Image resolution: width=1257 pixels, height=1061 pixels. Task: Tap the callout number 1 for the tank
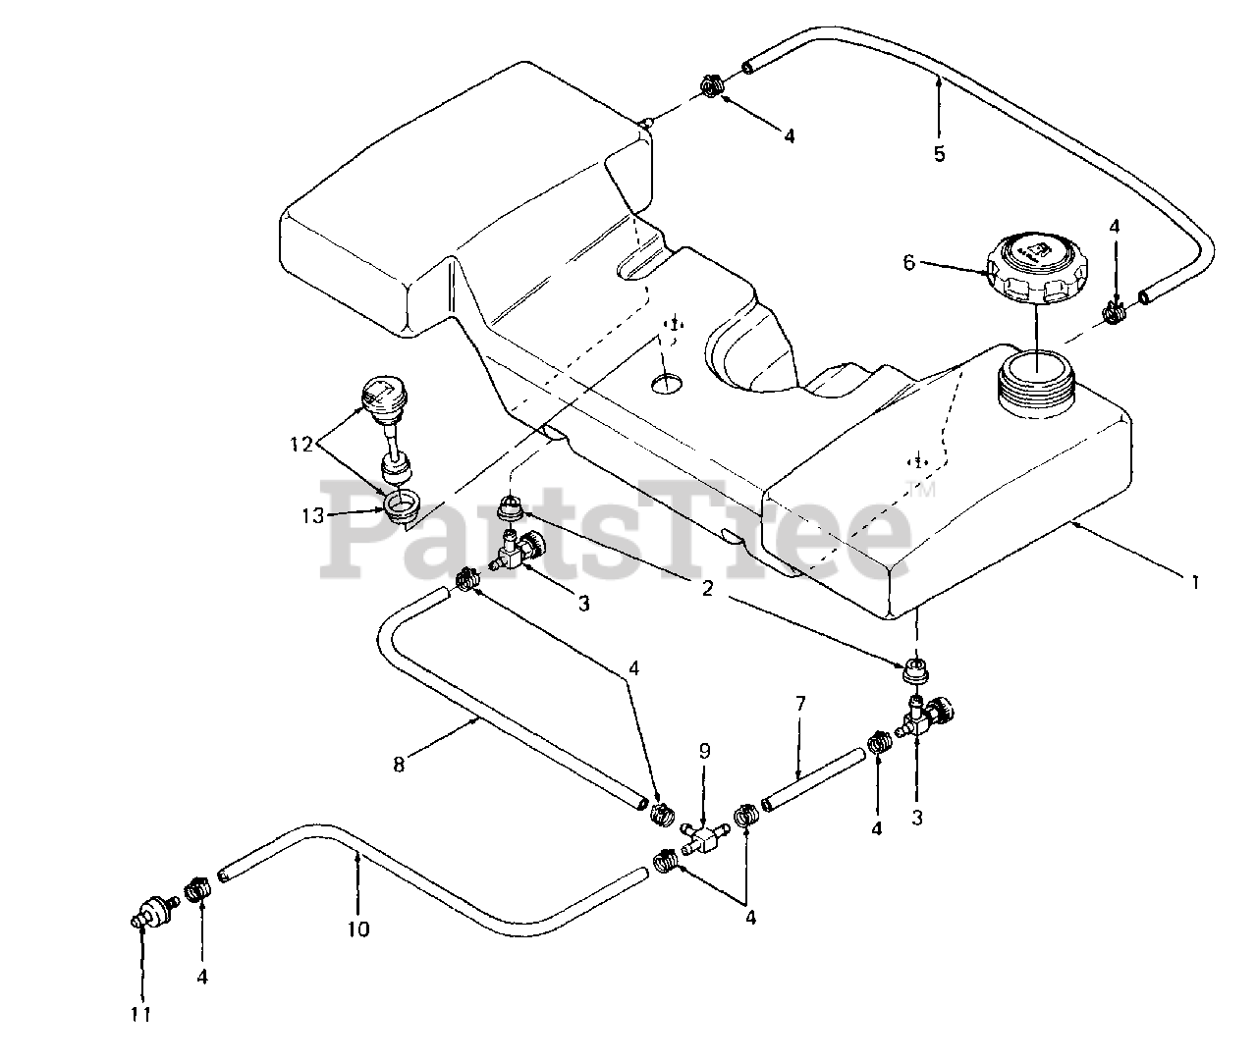(x=1195, y=582)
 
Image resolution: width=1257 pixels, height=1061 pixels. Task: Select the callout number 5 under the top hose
(x=939, y=153)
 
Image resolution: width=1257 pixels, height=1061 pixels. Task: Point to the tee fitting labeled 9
(x=705, y=838)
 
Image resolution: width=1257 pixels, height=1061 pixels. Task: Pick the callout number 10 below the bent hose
(x=357, y=929)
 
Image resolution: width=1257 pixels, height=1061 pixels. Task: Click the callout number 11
(x=140, y=1014)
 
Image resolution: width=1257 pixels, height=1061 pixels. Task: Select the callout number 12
(x=301, y=445)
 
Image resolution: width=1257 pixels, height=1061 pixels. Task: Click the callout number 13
(x=313, y=515)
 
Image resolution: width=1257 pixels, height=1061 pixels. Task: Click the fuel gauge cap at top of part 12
(x=384, y=395)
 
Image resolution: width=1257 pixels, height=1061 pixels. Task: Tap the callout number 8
(x=399, y=765)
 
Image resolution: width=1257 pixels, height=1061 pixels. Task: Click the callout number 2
(x=707, y=588)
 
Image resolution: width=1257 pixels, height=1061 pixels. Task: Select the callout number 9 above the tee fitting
(x=704, y=751)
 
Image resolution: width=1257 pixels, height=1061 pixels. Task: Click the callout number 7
(x=800, y=703)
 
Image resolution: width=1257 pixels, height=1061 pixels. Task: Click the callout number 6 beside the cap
(x=908, y=262)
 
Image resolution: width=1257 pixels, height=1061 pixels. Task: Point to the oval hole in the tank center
(x=667, y=384)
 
